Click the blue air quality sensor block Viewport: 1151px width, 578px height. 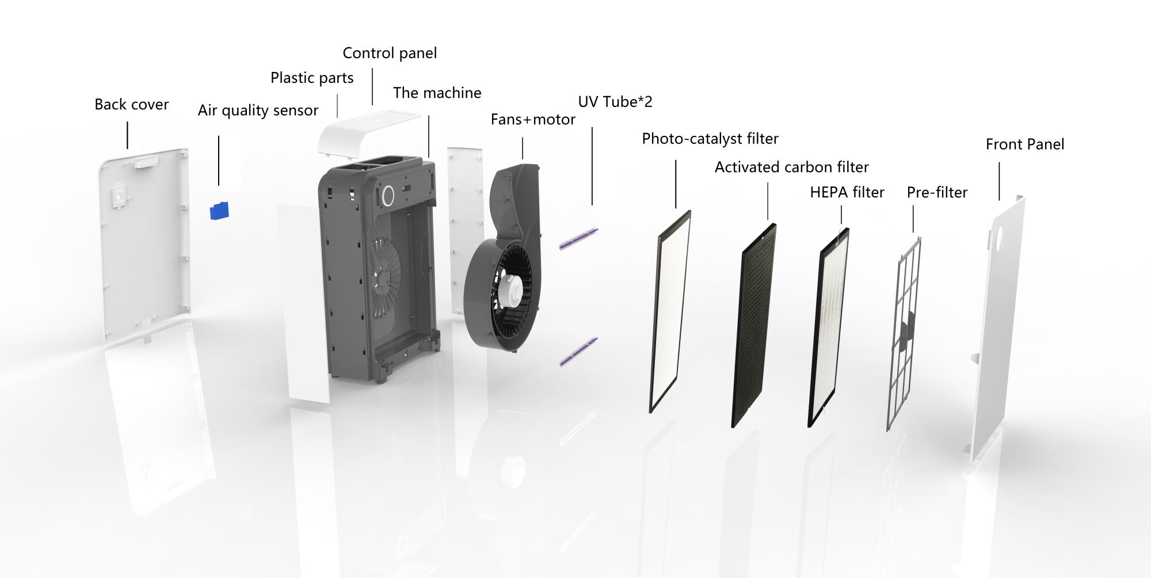pos(219,211)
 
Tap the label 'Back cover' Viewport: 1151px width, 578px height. pos(132,104)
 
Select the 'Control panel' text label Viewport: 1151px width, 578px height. pos(390,53)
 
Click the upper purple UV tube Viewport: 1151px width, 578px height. pos(578,238)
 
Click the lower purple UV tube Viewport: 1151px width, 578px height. pos(578,352)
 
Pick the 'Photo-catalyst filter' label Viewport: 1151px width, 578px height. pos(710,139)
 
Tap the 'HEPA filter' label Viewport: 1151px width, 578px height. pos(847,192)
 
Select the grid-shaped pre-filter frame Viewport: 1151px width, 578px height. pos(904,334)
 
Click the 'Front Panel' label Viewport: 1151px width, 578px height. pos(1025,144)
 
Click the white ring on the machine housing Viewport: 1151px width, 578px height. pos(387,195)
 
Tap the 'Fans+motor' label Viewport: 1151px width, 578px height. pos(533,120)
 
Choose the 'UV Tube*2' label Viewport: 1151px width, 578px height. pos(615,102)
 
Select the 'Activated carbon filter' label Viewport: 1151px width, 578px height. pos(792,168)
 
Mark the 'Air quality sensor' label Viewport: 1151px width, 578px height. pos(258,111)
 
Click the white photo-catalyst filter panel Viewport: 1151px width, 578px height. pos(670,311)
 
